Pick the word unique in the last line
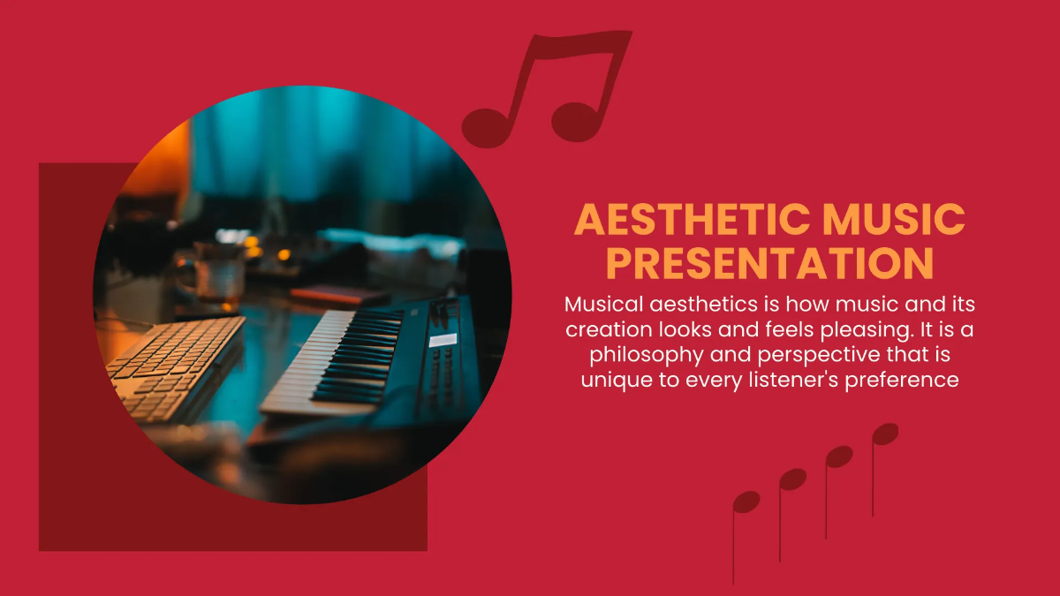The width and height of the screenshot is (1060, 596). [x=609, y=381]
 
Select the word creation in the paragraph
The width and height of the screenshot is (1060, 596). [x=603, y=330]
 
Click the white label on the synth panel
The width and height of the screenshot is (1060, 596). [x=443, y=339]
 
